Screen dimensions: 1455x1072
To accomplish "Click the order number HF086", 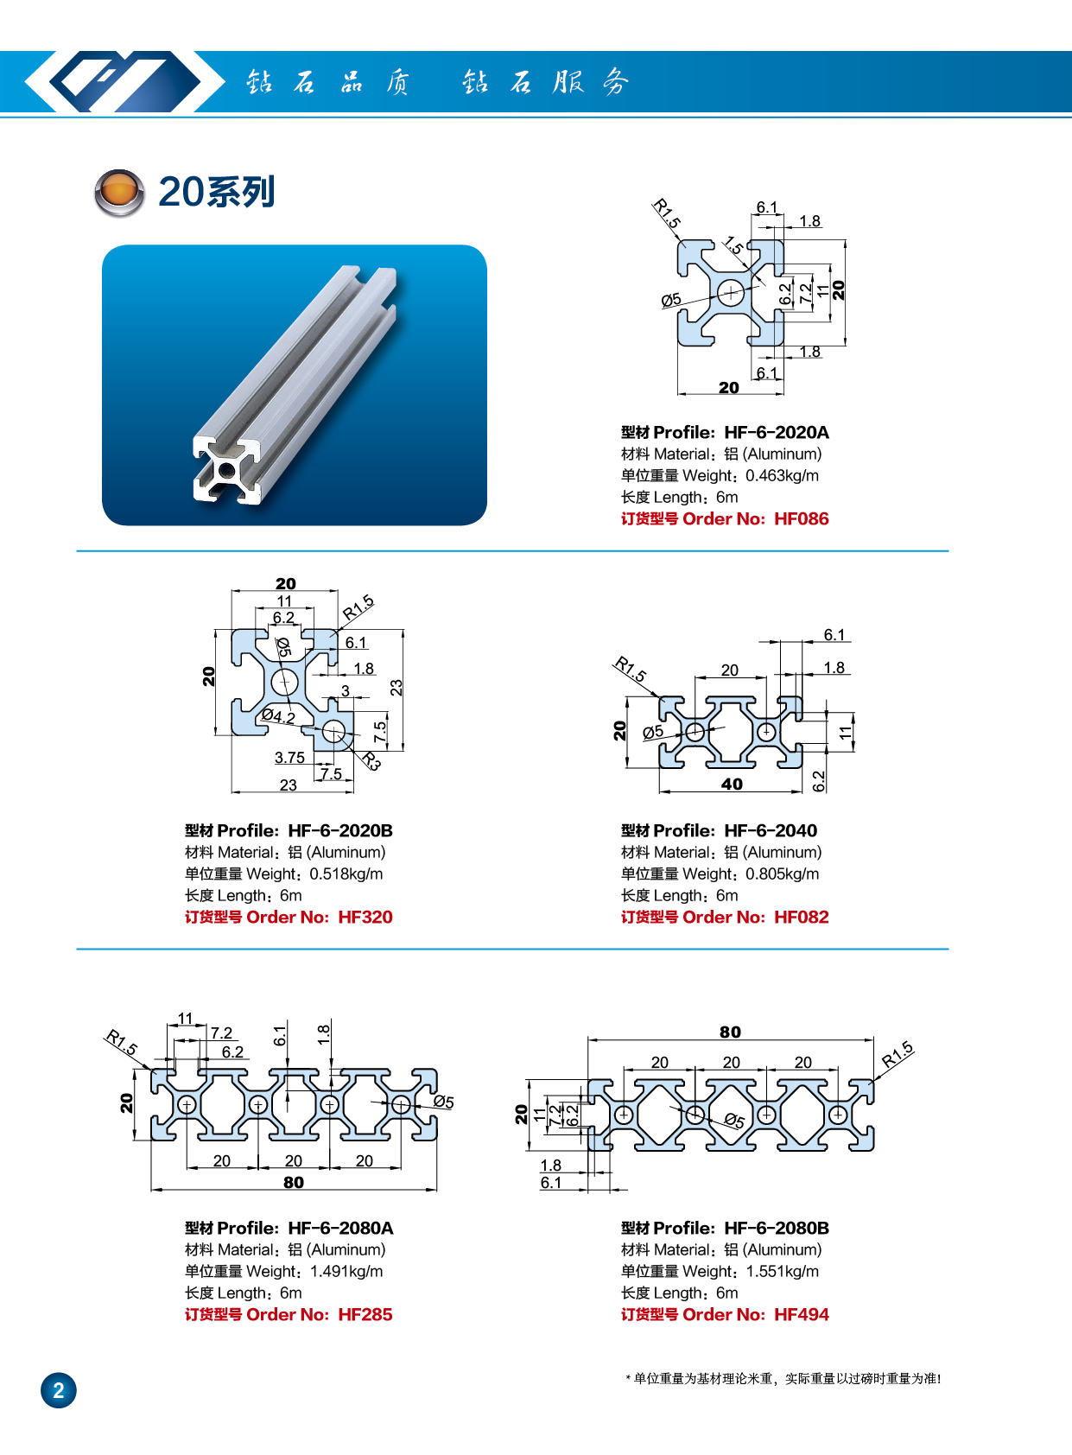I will pyautogui.click(x=801, y=519).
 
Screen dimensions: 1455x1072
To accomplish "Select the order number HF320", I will pyautogui.click(x=365, y=918).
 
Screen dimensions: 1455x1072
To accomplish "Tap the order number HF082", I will pyautogui.click(x=801, y=918).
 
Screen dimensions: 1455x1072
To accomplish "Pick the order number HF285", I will pyautogui.click(x=365, y=1315).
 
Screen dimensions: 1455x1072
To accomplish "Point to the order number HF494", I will pyautogui.click(x=801, y=1315).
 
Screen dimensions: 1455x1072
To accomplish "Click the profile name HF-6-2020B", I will pyautogui.click(x=339, y=831).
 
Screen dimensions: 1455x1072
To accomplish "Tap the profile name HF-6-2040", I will pyautogui.click(x=770, y=831).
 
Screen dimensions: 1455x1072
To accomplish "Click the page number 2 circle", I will pyautogui.click(x=59, y=1390).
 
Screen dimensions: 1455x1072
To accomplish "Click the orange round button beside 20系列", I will pyautogui.click(x=119, y=192).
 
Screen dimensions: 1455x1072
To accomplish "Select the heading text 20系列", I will pyautogui.click(x=217, y=192).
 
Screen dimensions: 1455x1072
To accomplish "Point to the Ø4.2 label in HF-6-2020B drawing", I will pyautogui.click(x=278, y=716).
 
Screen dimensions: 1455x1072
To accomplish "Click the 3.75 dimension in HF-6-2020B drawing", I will pyautogui.click(x=289, y=758).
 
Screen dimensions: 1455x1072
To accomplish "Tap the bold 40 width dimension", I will pyautogui.click(x=732, y=785).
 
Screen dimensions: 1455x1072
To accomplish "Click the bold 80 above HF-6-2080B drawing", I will pyautogui.click(x=730, y=1032).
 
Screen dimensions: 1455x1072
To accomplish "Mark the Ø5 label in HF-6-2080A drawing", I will pyautogui.click(x=443, y=1102).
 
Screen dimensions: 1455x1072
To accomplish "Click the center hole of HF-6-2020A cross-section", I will pyautogui.click(x=731, y=292).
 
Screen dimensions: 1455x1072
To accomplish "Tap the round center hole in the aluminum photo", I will pyautogui.click(x=226, y=470).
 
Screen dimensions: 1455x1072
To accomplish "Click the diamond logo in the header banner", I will pyautogui.click(x=112, y=82).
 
